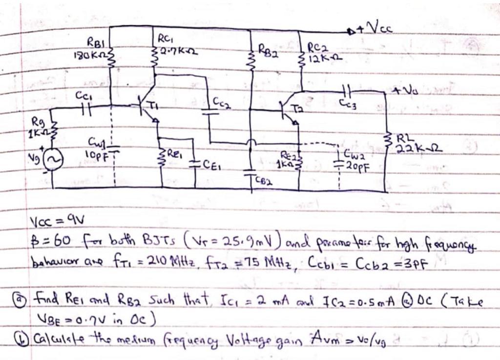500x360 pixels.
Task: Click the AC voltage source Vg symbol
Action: tap(53, 160)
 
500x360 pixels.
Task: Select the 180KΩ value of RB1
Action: tap(90, 55)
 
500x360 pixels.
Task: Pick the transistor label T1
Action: tap(153, 106)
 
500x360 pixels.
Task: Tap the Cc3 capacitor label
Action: tap(348, 103)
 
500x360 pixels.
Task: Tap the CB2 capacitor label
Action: tap(264, 181)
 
